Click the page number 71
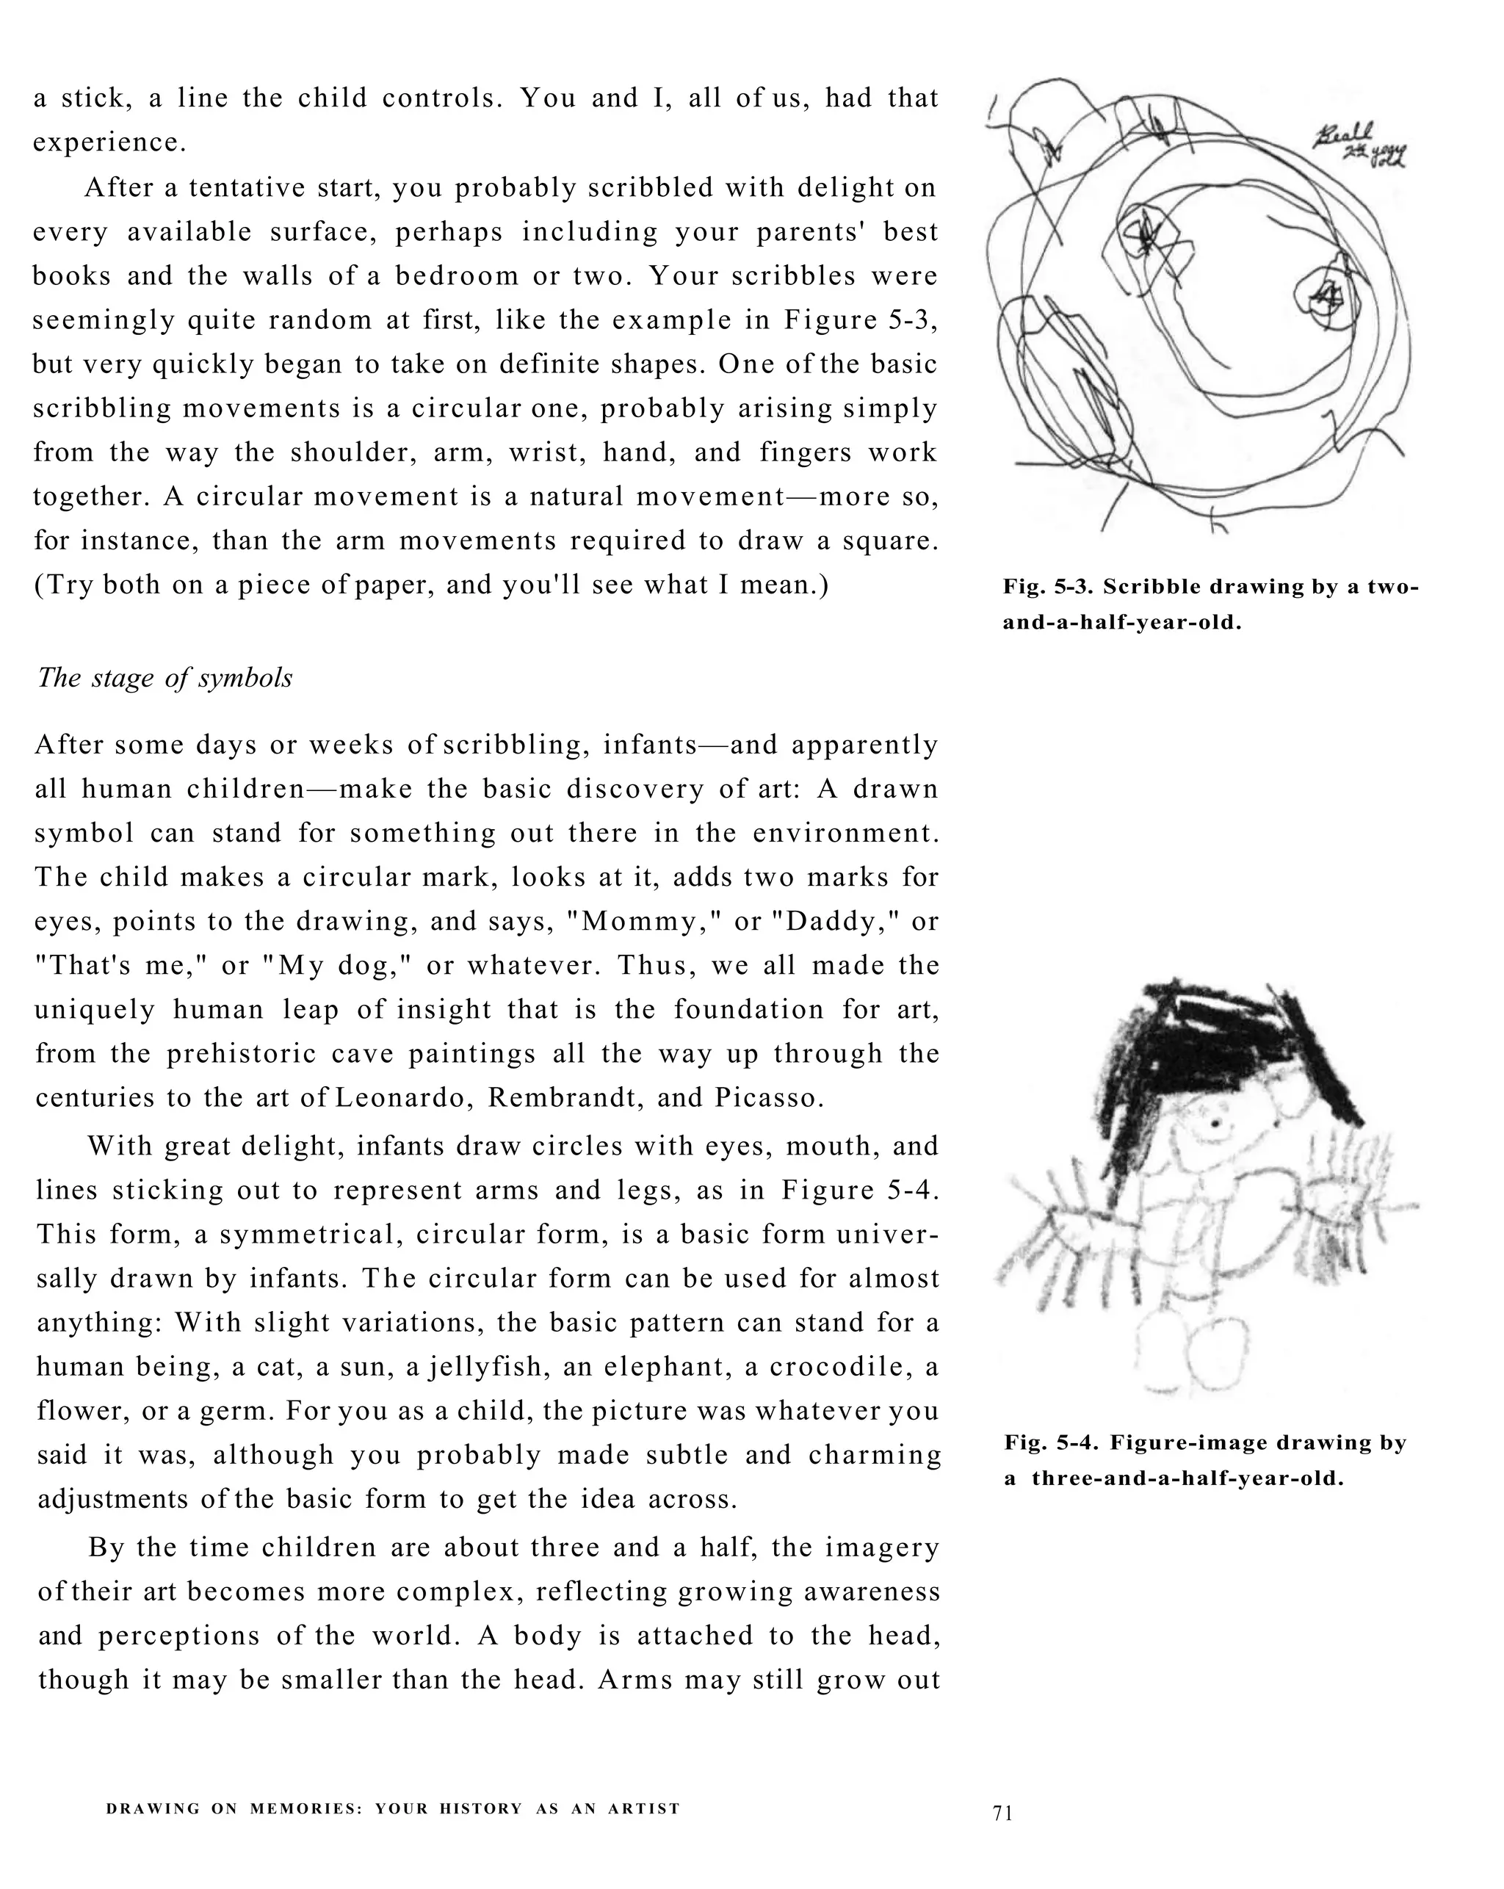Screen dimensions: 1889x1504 tap(1002, 1813)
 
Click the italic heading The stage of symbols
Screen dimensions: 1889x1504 tap(164, 678)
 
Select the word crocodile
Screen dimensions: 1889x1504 tap(840, 1367)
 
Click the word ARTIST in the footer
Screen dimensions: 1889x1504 tap(644, 1808)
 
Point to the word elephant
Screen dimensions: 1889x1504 tap(668, 1367)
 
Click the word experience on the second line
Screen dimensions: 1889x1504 tap(109, 142)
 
